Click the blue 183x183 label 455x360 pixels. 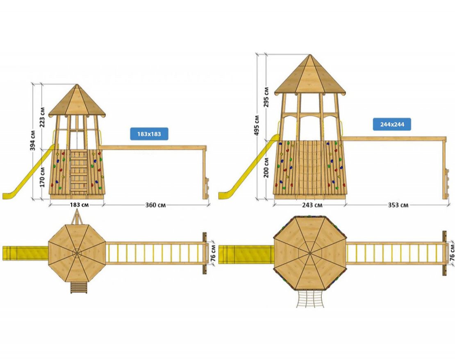pos(149,134)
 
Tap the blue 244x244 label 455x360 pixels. pos(391,124)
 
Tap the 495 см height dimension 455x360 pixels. pos(257,127)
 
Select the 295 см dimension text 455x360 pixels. pos(266,97)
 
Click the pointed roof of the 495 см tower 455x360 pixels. pos(309,76)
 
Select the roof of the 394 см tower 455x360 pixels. pos(77,102)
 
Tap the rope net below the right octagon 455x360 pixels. pos(310,298)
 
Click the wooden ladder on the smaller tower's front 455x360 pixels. pos(78,170)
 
